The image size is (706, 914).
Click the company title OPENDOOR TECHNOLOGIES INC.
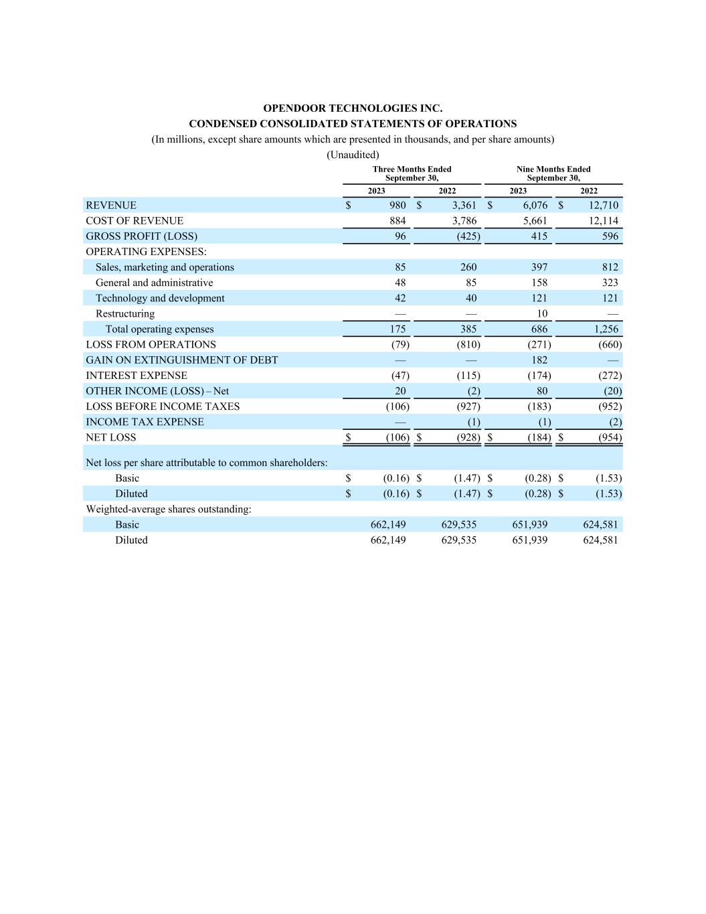(353, 108)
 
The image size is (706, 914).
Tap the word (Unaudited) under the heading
(353, 155)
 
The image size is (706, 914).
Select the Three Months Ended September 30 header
(412, 173)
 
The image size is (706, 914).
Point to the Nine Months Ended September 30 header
(553, 173)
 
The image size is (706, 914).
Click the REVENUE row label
(111, 206)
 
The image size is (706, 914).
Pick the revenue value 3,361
(464, 206)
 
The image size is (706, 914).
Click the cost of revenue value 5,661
(535, 221)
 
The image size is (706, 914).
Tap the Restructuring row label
(125, 314)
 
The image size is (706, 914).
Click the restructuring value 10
(541, 314)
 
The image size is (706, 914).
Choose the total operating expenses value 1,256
(606, 329)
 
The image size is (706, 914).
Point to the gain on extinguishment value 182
(539, 360)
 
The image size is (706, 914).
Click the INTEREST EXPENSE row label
(137, 376)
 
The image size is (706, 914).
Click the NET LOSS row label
(111, 438)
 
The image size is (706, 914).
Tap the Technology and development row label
(160, 299)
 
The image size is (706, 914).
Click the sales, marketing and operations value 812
(610, 267)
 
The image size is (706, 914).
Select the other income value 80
(541, 391)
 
